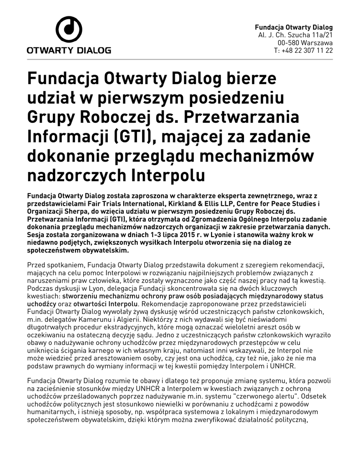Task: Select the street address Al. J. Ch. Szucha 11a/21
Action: click(295, 35)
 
